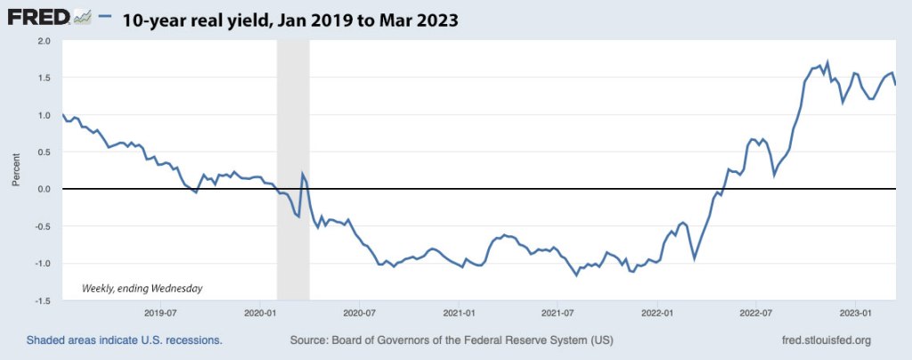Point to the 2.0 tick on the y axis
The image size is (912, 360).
[45, 41]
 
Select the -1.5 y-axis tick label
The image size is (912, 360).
[43, 301]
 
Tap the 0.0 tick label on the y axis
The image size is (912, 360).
[45, 189]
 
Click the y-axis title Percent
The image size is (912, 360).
[16, 170]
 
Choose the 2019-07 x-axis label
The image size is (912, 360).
[160, 313]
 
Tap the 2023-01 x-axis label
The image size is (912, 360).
[856, 313]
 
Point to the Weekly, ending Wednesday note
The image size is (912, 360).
[142, 288]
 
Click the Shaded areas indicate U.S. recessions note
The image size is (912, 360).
[124, 340]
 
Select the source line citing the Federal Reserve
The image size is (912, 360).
[452, 340]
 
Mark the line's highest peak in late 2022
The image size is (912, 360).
[827, 62]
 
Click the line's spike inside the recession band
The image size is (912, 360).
[303, 174]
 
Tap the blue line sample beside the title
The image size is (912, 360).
[105, 17]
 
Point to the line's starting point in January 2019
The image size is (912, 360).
[62, 115]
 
